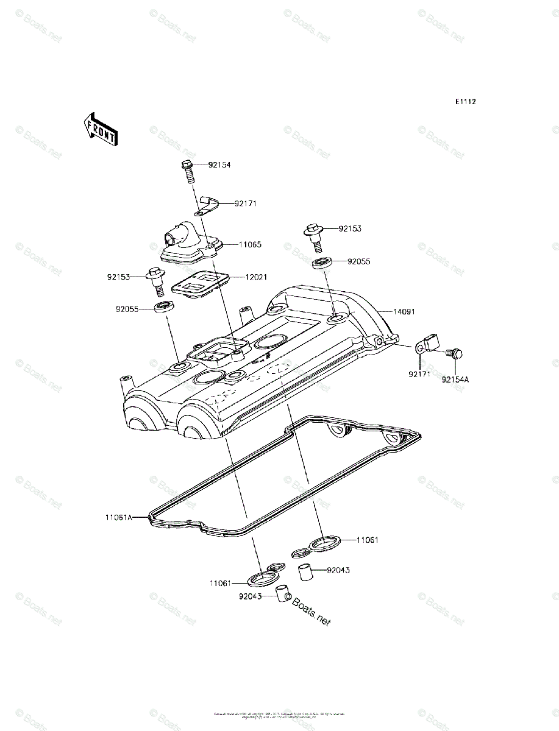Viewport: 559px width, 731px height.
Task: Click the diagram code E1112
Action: (465, 102)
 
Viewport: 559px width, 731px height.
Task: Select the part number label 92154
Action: (219, 165)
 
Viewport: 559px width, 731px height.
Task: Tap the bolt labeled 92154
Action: (188, 171)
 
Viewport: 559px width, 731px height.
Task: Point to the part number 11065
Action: (250, 244)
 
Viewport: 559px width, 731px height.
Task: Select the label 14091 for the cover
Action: (403, 311)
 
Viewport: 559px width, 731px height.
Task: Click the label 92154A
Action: (456, 379)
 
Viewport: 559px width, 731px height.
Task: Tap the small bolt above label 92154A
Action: (454, 352)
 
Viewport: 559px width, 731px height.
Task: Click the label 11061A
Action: (118, 518)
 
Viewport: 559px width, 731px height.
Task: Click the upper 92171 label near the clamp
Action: (244, 203)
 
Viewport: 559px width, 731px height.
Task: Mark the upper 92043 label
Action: (338, 571)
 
